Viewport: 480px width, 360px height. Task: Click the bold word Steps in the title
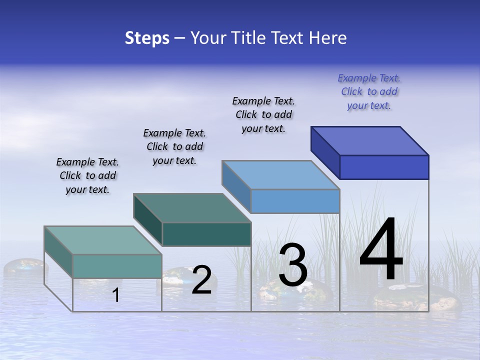(147, 38)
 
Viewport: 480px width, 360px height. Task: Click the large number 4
(381, 250)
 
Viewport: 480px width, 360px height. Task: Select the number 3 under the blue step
(292, 266)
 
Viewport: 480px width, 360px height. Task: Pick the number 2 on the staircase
(201, 280)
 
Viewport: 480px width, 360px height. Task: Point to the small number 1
(116, 295)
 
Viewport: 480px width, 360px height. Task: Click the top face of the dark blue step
(370, 141)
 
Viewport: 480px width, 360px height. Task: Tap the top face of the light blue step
(281, 175)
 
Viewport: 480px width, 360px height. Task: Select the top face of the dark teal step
(192, 208)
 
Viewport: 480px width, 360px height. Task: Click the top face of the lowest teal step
(103, 240)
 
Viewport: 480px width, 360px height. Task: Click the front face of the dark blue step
(384, 167)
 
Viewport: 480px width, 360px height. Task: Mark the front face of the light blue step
(295, 201)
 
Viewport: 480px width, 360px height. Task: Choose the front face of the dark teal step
(206, 234)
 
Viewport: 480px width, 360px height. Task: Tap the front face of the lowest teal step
(117, 266)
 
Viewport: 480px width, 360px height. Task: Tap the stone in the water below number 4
(415, 300)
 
